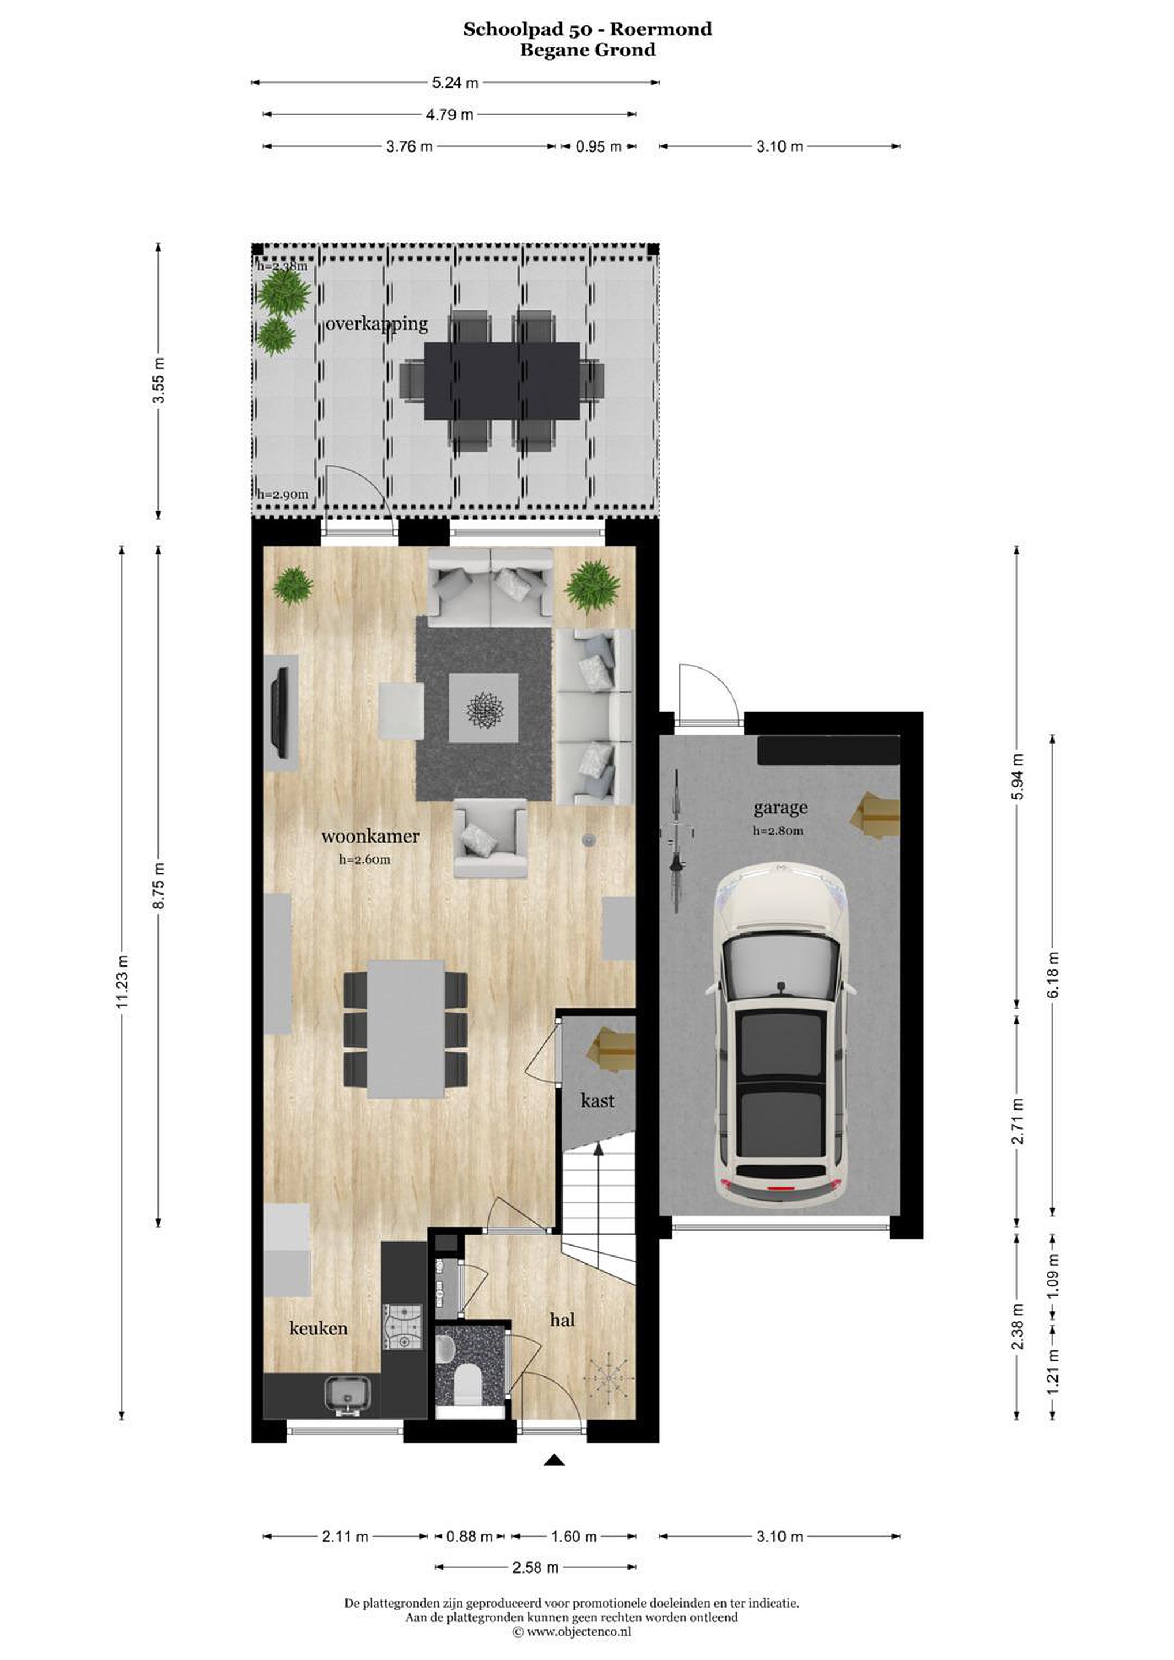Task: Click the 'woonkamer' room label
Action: tap(370, 836)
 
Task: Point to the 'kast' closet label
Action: tap(597, 1100)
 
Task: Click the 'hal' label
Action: tap(562, 1319)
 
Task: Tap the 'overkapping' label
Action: tap(376, 324)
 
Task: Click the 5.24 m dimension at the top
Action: tap(455, 82)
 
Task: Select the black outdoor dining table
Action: tap(501, 381)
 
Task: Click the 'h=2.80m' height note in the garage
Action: tap(778, 831)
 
